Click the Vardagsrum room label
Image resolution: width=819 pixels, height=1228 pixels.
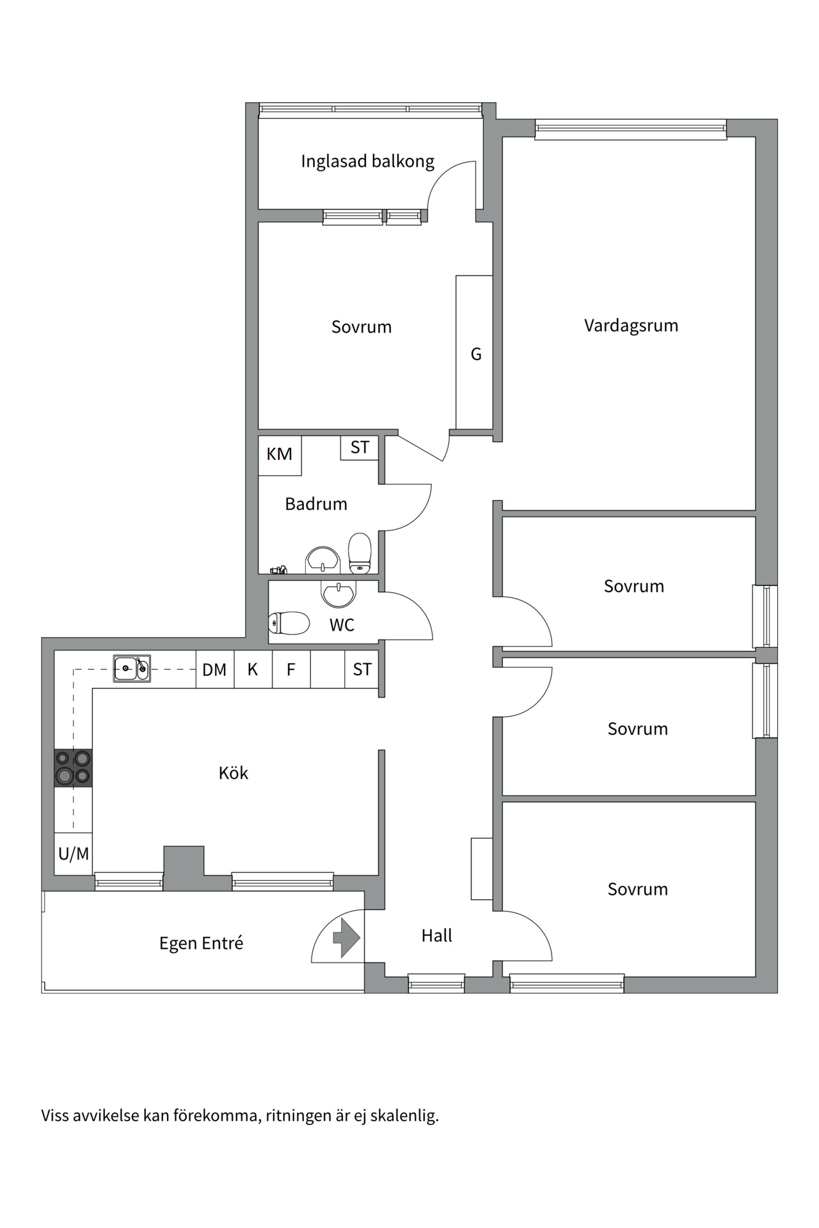point(631,326)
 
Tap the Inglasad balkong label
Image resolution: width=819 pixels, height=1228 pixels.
point(368,161)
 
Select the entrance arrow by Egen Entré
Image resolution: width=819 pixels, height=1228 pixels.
point(347,938)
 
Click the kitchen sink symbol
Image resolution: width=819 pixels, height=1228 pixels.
point(132,668)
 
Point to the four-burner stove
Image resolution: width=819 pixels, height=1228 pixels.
point(74,767)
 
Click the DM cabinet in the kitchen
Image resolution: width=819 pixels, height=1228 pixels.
point(215,670)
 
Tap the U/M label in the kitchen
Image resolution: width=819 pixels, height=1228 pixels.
point(74,853)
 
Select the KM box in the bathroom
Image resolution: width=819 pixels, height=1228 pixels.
point(280,455)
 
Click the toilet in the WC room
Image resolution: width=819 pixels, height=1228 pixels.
point(289,622)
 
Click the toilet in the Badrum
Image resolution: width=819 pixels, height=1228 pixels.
point(360,553)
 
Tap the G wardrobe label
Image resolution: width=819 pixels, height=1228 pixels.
point(476,354)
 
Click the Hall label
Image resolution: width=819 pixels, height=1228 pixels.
point(436,936)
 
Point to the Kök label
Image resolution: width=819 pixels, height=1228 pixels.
point(234,773)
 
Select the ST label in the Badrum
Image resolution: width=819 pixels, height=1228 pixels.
point(360,447)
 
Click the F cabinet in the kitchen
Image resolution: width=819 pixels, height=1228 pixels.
point(291,670)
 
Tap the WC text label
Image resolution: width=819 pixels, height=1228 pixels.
point(342,625)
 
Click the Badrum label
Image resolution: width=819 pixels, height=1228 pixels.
point(316,504)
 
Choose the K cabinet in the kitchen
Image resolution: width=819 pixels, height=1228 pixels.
point(253,670)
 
